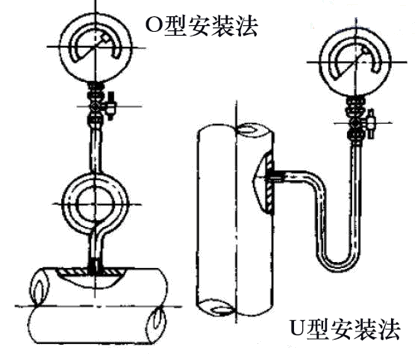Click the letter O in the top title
[153, 27]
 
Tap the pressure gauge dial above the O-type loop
[96, 46]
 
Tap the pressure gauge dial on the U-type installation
[355, 62]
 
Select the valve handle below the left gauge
[110, 106]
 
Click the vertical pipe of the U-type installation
[236, 220]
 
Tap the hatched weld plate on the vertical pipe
[270, 183]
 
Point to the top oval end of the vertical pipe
[248, 129]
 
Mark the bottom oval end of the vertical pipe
[223, 310]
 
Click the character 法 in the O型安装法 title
[247, 26]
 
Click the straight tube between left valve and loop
[96, 149]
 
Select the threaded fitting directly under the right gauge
[356, 104]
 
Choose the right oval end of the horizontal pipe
[157, 321]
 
